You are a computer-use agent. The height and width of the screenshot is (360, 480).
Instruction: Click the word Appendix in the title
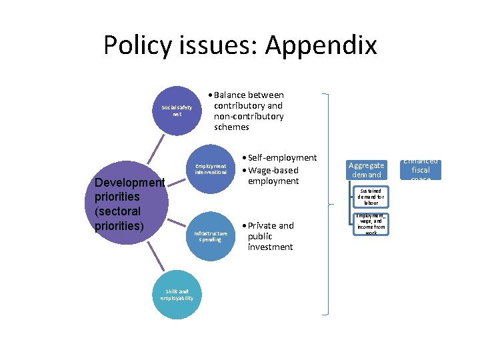point(321,45)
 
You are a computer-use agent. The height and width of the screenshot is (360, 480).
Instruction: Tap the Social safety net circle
point(177,111)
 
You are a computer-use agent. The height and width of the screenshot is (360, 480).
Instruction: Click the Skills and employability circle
point(177,295)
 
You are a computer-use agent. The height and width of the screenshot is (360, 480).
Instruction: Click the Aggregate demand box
point(366,169)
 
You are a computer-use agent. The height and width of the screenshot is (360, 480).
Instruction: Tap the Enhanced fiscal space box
point(421,169)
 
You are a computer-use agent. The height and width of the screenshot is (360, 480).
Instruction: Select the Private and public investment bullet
point(270,236)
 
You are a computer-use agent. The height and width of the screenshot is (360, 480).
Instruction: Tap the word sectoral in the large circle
point(117,211)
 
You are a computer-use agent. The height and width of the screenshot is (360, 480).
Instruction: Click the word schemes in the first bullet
point(231,127)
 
